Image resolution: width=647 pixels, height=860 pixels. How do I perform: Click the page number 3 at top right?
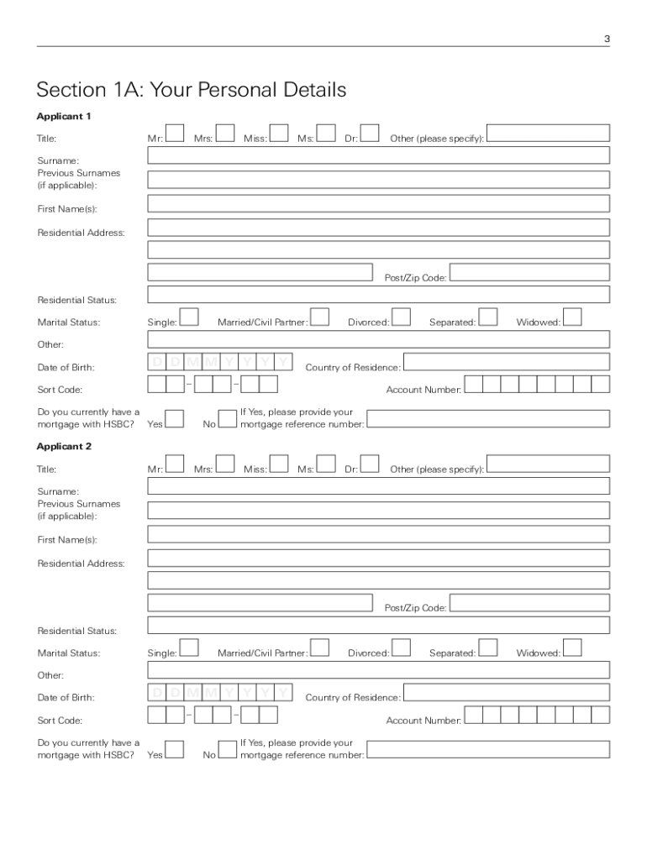[607, 39]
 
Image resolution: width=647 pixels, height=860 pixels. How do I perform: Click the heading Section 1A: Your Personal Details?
[191, 90]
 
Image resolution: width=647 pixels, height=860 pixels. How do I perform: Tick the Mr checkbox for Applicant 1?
[174, 134]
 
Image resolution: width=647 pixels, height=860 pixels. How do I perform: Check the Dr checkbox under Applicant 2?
[369, 464]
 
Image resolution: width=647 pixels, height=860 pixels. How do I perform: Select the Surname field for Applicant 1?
[378, 155]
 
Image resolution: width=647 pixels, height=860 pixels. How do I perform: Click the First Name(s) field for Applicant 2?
[378, 534]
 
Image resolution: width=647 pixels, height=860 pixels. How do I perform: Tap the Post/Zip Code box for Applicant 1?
[529, 272]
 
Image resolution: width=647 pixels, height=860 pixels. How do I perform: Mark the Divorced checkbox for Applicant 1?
[402, 317]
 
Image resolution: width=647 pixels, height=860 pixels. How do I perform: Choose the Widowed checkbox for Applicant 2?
[572, 648]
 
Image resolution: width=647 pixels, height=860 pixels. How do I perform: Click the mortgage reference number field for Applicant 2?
[488, 749]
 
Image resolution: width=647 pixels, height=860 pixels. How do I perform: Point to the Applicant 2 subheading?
[64, 446]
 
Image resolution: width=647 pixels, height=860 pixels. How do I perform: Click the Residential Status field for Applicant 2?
[378, 625]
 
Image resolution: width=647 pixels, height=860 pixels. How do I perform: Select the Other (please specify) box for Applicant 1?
[549, 134]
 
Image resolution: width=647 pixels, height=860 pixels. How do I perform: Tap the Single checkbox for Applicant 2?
[189, 648]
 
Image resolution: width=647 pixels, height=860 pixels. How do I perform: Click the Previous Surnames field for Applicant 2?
[378, 510]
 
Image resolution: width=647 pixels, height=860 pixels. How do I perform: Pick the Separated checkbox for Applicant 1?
[488, 317]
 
